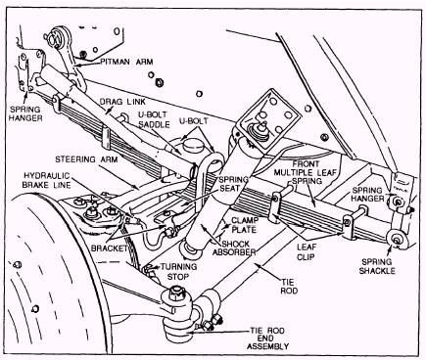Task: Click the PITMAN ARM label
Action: click(126, 62)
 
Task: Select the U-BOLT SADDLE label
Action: click(154, 119)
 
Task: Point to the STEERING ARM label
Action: click(86, 159)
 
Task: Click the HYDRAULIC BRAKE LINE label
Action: click(46, 180)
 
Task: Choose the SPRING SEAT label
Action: click(233, 184)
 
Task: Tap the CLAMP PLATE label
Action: click(245, 225)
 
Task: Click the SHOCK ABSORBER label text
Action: click(234, 247)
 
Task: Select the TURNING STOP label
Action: click(178, 272)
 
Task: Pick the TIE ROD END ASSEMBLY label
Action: click(267, 338)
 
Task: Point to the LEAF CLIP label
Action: click(306, 251)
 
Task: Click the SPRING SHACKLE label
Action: click(377, 266)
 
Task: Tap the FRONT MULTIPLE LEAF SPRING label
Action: click(305, 172)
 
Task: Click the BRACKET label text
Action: click(110, 248)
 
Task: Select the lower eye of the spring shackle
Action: click(397, 239)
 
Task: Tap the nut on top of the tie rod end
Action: click(176, 292)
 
